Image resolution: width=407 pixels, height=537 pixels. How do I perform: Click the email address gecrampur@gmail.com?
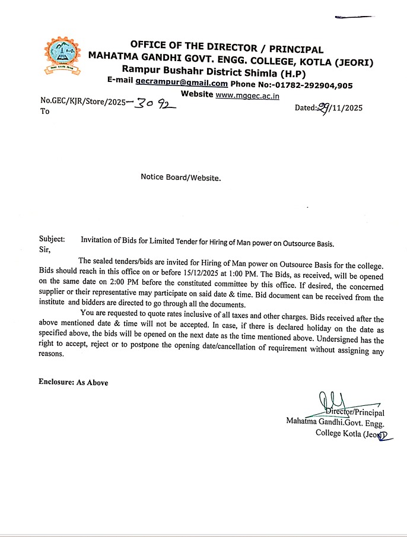tap(181, 84)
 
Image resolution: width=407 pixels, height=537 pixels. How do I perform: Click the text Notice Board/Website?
tap(180, 177)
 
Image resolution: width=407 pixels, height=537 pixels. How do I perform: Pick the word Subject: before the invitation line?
tap(52, 239)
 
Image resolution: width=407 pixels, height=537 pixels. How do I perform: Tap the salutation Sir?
tap(45, 249)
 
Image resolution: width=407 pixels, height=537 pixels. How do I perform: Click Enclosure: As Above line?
tap(74, 383)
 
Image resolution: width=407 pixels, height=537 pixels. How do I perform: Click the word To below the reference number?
tap(45, 111)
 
